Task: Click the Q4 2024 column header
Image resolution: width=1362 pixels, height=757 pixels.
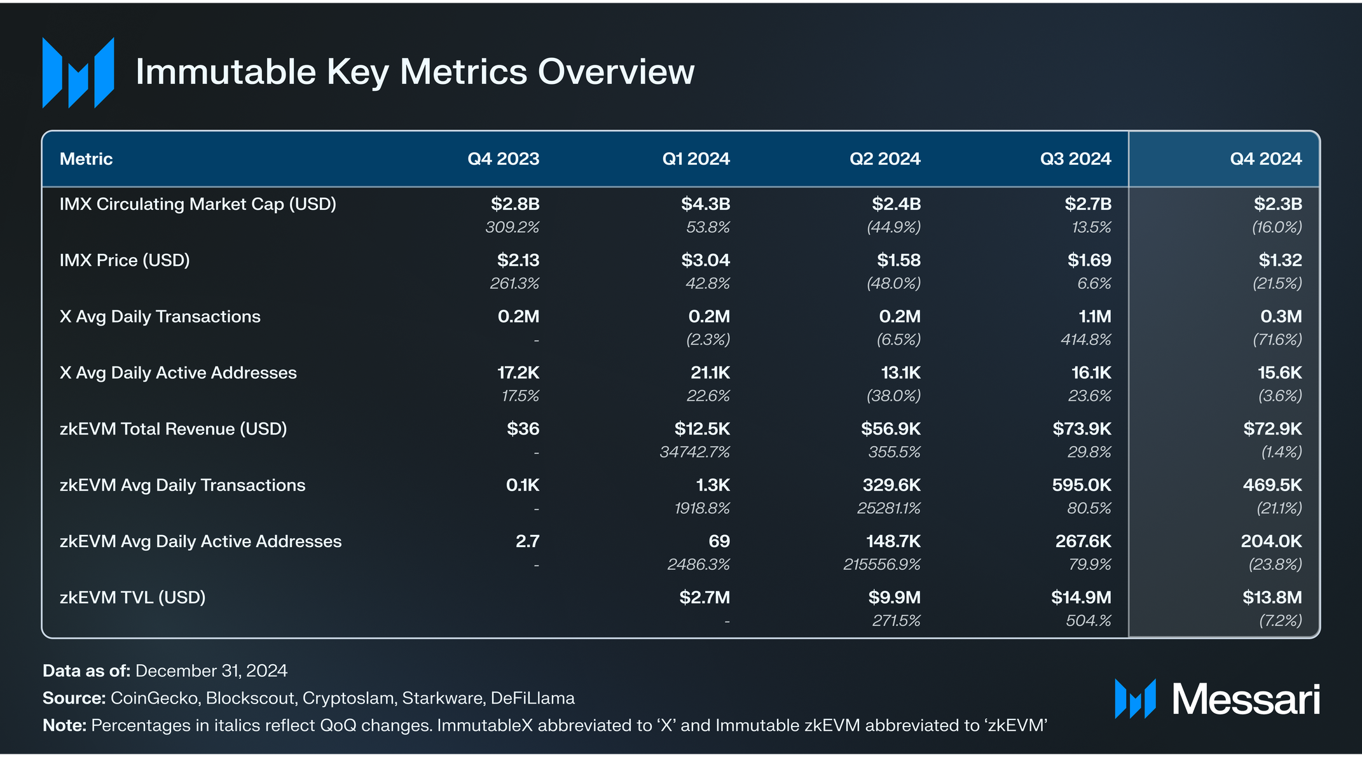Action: coord(1265,159)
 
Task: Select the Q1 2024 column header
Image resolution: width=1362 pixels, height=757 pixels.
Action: coord(696,159)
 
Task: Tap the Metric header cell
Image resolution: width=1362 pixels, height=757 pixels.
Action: coord(86,159)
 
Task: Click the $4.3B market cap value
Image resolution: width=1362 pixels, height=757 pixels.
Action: coord(706,204)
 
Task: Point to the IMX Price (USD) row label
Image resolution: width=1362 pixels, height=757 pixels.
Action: coord(125,261)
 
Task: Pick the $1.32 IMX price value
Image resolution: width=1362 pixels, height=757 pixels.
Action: coord(1280,260)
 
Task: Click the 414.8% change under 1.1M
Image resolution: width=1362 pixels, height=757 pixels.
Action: coord(1086,340)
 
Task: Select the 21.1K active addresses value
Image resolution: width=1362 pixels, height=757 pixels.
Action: coord(710,373)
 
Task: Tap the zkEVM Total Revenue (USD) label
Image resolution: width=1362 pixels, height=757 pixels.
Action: coord(173,429)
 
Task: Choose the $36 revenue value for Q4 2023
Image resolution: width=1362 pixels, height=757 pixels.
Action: coord(523,429)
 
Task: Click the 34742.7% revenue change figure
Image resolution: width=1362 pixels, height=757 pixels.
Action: coord(695,452)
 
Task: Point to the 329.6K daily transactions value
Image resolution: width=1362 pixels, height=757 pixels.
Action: coord(891,485)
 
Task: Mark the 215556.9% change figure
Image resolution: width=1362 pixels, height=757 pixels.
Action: coord(882,565)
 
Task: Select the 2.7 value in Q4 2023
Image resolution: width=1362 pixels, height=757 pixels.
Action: coord(528,541)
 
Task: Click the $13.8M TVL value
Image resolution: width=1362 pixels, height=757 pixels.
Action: coord(1272,597)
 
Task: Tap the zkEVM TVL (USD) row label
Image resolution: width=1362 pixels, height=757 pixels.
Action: coord(132,598)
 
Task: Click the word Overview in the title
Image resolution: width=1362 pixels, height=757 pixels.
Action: coord(616,71)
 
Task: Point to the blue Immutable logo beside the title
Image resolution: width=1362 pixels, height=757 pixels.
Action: coord(78,73)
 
